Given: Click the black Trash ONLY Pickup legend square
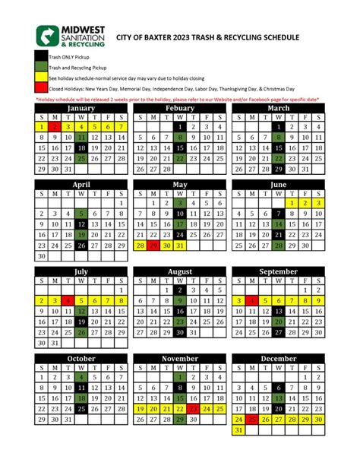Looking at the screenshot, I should tap(41, 56).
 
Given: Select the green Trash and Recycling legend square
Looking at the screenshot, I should tap(41, 67).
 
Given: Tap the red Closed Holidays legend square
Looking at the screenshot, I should tap(41, 88).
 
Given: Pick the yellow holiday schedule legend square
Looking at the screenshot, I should tap(41, 78).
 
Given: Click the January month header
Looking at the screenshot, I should tap(81, 108).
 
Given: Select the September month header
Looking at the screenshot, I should tap(278, 271).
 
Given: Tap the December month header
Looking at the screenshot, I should tap(278, 358).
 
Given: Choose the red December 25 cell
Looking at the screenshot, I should tap(251, 419).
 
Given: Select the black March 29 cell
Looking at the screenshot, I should tap(279, 170).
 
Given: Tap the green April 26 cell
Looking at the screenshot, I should tap(81, 246).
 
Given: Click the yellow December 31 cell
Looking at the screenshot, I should tap(238, 430).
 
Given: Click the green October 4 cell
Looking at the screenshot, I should tap(81, 376).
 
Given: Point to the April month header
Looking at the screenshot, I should tap(81, 185).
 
